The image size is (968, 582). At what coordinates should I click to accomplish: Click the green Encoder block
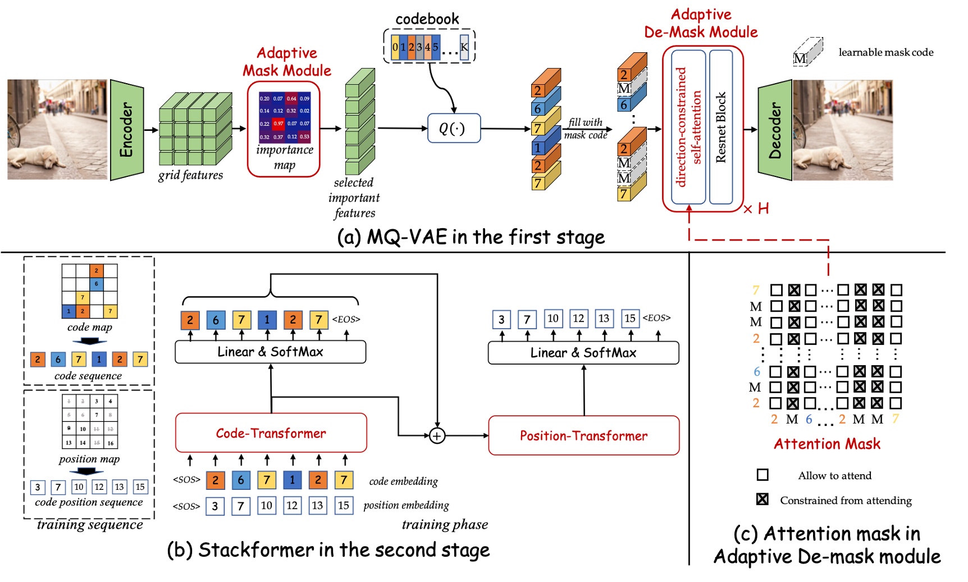point(126,130)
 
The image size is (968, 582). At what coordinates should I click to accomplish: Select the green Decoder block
point(775,130)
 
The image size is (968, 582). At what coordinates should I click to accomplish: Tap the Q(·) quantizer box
point(453,129)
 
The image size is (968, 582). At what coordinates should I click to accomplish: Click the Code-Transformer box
point(271,433)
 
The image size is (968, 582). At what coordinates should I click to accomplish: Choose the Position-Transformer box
point(583,436)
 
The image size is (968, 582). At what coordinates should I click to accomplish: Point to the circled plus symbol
point(437,435)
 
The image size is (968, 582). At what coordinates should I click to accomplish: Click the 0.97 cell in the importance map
point(278,124)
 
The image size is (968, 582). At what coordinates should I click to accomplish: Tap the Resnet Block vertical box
point(721,128)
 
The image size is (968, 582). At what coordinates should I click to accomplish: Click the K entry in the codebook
point(464,47)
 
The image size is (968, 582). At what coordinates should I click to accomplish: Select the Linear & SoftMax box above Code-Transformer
point(270,352)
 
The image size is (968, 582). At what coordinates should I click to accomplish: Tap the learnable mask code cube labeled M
point(807,53)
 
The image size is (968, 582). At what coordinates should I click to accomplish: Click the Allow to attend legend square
point(762,475)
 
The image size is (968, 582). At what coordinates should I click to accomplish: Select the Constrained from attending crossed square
point(762,499)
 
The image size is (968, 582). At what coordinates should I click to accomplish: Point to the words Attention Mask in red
point(827,444)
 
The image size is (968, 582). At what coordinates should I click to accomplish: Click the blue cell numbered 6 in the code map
point(97,284)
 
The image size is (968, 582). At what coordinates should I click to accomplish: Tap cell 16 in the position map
point(110,443)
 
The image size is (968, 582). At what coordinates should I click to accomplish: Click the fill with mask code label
point(586,129)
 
